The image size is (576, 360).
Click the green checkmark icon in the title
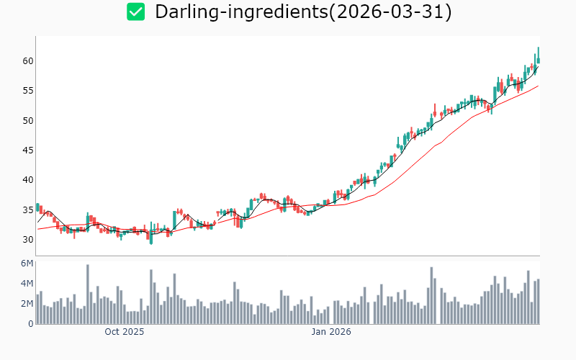(x=136, y=12)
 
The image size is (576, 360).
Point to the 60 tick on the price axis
(x=27, y=60)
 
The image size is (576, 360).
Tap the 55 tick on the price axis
(x=27, y=91)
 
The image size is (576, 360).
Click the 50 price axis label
(x=27, y=120)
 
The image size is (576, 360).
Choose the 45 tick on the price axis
(x=27, y=150)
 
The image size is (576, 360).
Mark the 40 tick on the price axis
(x=27, y=180)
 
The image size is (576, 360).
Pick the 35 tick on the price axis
(x=27, y=210)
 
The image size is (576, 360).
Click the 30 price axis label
(x=27, y=239)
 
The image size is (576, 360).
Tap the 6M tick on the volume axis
(x=27, y=264)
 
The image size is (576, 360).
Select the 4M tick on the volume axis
(x=27, y=284)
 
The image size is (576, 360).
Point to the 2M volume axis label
(x=27, y=304)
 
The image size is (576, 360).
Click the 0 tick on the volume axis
(x=30, y=324)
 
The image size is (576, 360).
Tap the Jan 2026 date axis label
(x=330, y=333)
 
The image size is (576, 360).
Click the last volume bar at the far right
(x=538, y=302)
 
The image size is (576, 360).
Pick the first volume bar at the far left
(x=37, y=309)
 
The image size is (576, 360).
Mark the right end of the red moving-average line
(x=538, y=86)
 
